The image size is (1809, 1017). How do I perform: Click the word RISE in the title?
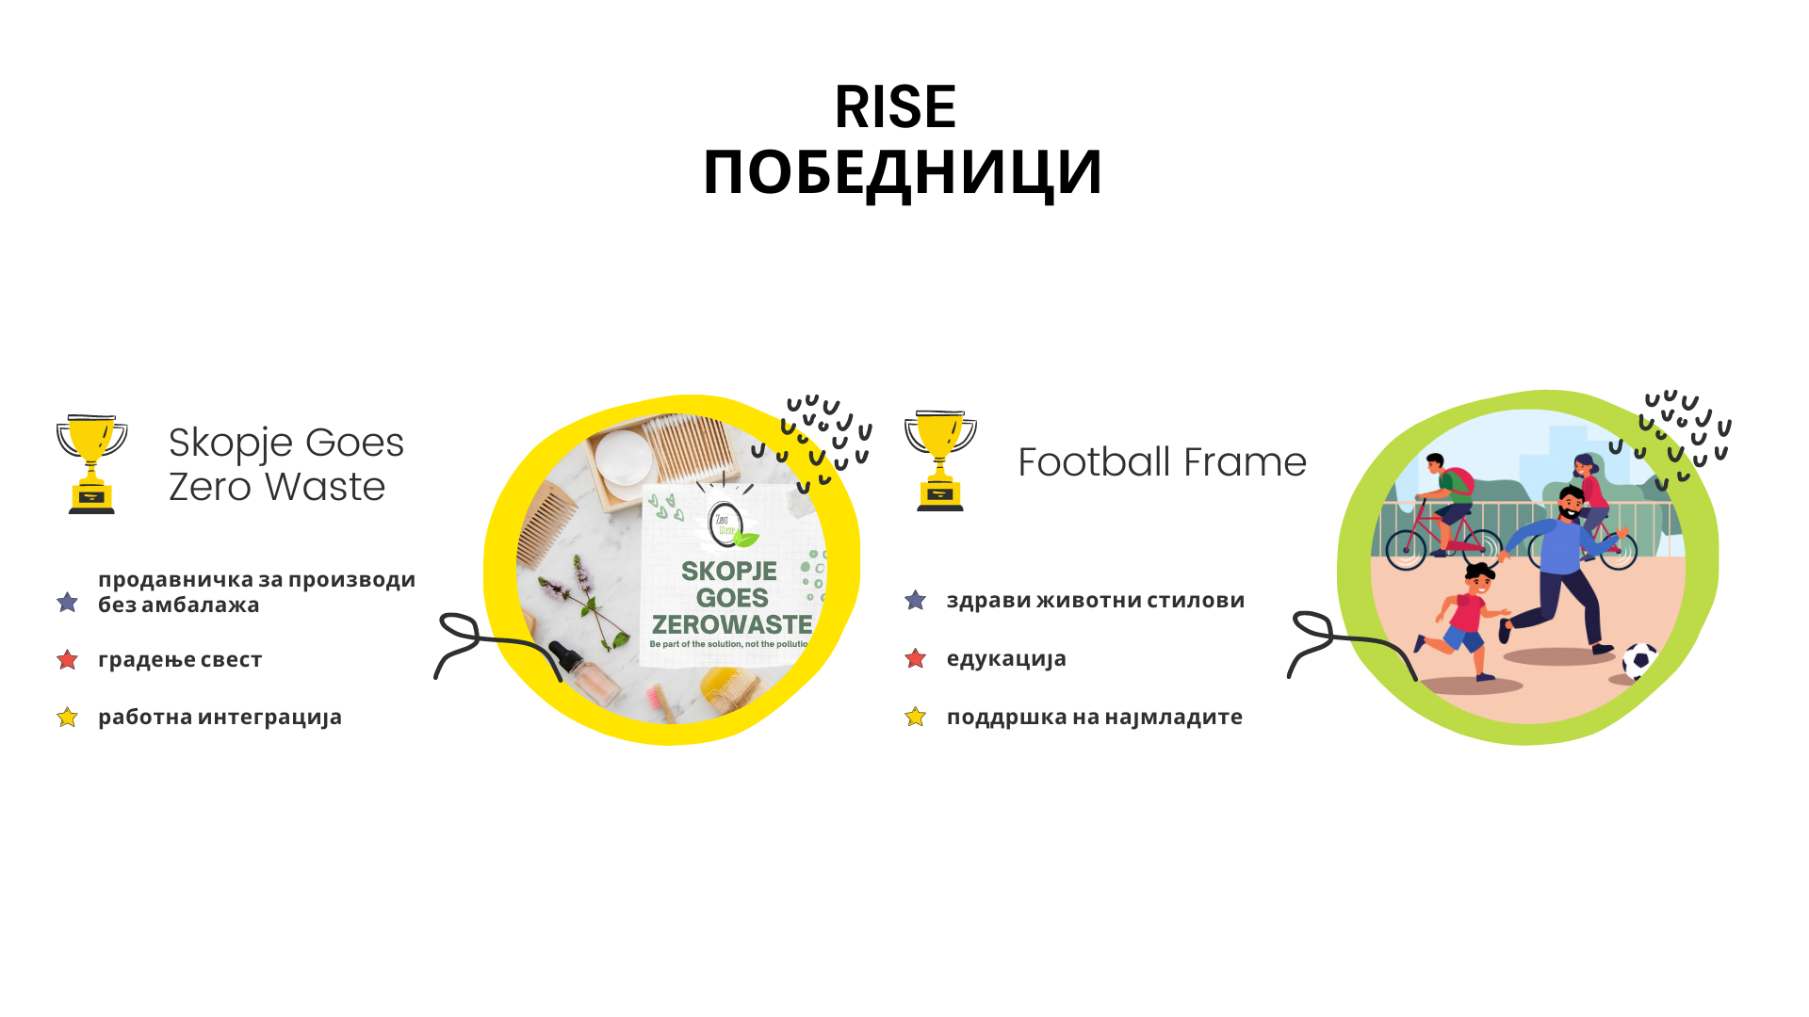click(895, 106)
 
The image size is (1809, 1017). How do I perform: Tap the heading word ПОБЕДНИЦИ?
click(903, 173)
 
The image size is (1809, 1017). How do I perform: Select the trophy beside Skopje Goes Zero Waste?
click(91, 463)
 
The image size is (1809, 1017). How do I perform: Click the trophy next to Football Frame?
click(940, 460)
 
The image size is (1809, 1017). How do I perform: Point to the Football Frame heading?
click(1162, 461)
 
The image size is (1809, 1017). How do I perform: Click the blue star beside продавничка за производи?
click(67, 602)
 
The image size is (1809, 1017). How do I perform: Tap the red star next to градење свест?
click(67, 659)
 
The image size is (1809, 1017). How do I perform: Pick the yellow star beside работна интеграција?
click(67, 718)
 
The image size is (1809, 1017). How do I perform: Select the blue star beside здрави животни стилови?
click(915, 600)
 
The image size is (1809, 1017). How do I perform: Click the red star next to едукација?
click(915, 658)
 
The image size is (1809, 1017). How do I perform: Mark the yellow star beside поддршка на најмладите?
click(915, 717)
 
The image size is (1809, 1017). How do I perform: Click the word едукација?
click(1006, 658)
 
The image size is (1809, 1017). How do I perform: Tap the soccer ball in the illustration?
click(1640, 660)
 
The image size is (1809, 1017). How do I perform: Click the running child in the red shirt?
click(1463, 620)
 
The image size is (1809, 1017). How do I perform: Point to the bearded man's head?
click(1571, 503)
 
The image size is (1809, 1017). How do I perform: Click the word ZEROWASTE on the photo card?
click(732, 624)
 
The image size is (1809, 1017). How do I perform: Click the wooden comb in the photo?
click(546, 524)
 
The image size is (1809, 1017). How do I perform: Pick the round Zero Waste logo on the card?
click(726, 524)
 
